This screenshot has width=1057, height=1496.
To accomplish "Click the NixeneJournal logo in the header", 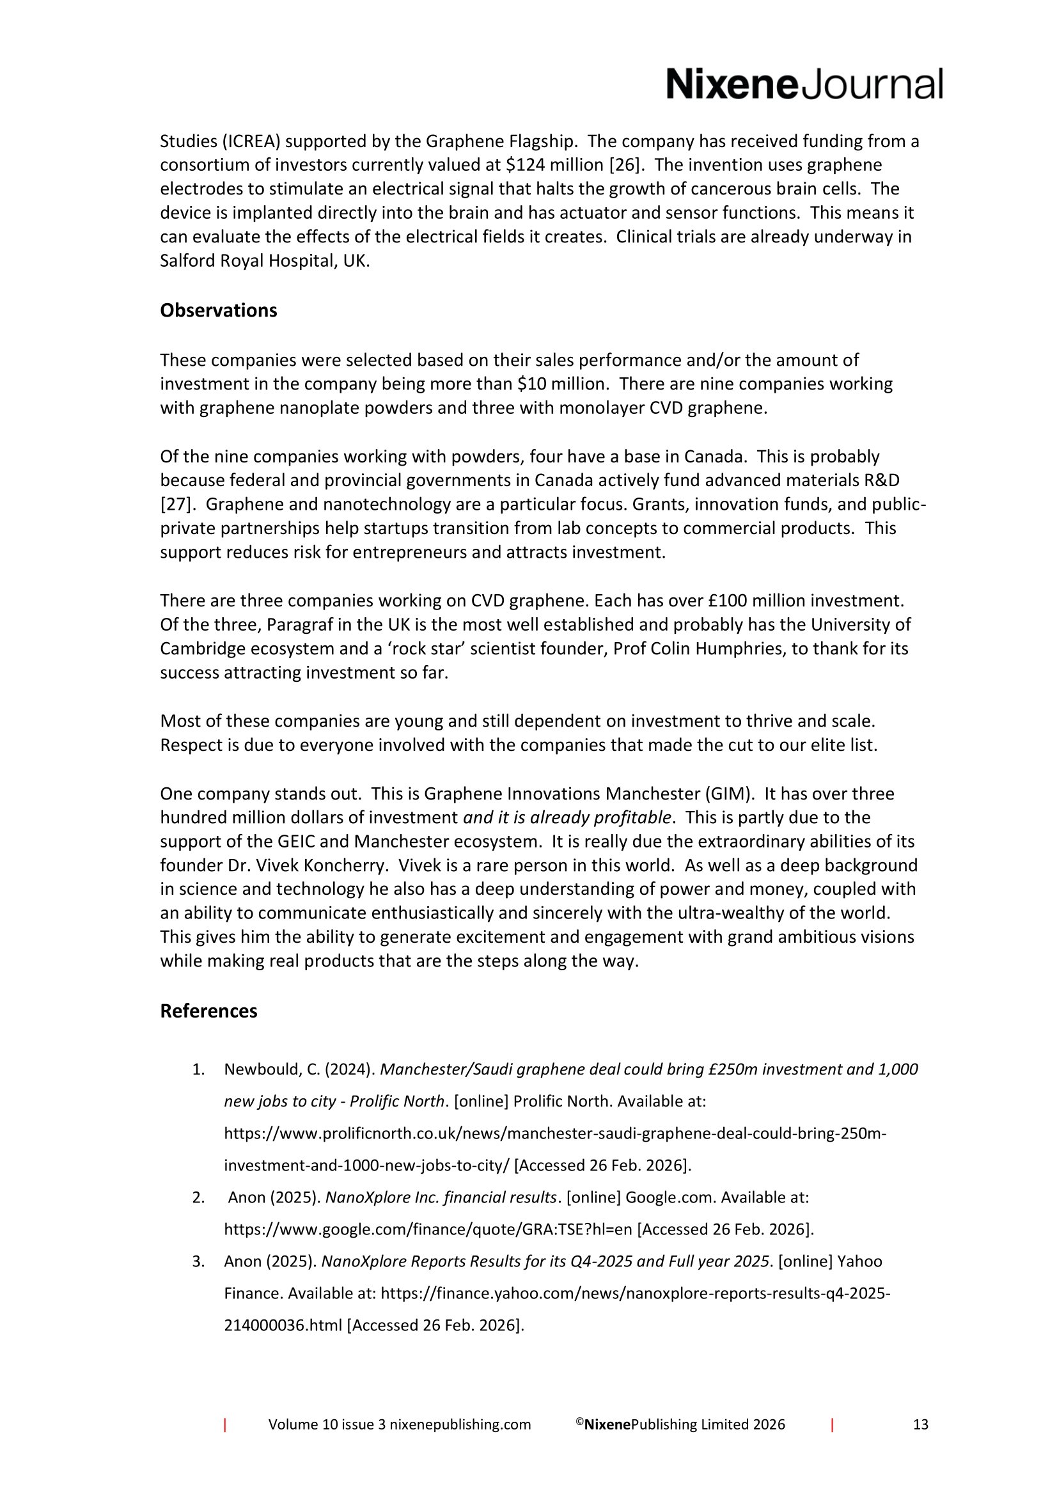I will (x=804, y=84).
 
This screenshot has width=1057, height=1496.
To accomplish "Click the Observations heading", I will (x=218, y=311).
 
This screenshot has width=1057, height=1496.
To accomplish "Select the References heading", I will (x=208, y=1011).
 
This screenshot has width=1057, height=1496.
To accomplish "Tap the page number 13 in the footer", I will (x=920, y=1424).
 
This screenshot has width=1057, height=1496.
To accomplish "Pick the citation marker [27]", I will (x=174, y=504).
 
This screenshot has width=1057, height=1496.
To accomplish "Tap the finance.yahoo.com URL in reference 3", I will (x=635, y=1293).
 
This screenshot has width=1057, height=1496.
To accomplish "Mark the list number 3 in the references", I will (x=198, y=1261).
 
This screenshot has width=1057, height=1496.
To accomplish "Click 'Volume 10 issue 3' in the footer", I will (x=327, y=1424).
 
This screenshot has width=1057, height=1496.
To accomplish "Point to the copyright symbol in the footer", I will (x=579, y=1422).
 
